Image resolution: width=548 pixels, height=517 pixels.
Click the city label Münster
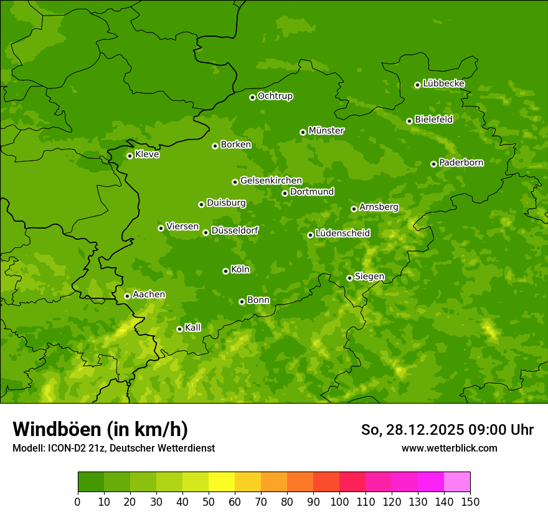point(326,131)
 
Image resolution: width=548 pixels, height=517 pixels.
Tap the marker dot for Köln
point(225,271)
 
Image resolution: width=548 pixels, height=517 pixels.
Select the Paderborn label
point(461,163)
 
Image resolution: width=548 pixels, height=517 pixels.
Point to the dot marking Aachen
point(127,296)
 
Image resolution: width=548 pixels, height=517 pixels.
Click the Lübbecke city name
point(443,83)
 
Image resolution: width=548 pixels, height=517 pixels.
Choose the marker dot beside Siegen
point(349,278)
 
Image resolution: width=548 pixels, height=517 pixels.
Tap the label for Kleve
point(147,154)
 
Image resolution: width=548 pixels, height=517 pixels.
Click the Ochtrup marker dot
point(252,97)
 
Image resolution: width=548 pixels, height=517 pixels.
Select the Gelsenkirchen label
point(271,181)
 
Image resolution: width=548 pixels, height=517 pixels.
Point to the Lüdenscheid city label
point(342,234)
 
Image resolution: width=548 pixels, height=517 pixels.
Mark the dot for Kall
point(179,329)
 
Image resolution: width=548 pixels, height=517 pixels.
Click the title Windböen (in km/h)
point(100,429)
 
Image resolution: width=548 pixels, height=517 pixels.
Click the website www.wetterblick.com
point(449,448)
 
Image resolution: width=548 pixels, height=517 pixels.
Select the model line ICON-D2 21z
point(113,448)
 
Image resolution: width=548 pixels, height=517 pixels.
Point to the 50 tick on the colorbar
point(209,501)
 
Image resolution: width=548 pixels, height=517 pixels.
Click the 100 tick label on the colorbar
point(339,501)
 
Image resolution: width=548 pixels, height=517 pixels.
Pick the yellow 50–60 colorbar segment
point(222,482)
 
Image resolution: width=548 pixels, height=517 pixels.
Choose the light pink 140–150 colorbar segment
point(457,482)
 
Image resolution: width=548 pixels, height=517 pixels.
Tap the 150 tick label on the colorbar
point(470,501)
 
